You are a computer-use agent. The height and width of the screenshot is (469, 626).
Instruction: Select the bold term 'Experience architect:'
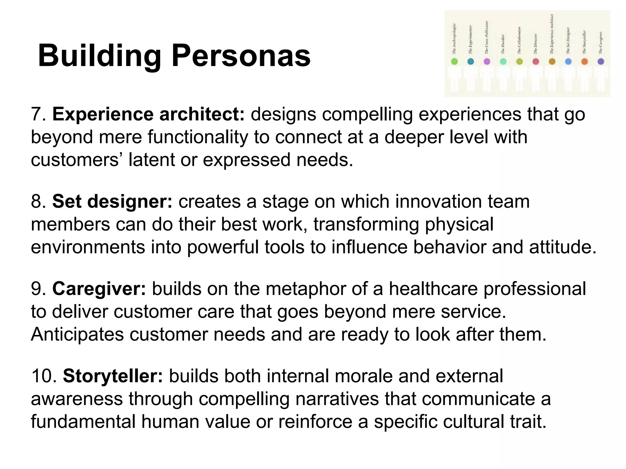click(149, 114)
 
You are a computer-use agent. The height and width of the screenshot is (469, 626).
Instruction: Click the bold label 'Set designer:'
click(112, 202)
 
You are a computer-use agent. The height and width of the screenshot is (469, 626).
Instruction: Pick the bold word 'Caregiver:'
click(99, 289)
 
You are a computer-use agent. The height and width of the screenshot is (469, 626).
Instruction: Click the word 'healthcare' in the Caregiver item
click(433, 289)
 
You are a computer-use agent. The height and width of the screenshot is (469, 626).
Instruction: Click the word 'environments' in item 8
click(88, 247)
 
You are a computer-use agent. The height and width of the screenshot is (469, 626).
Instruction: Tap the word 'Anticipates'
click(77, 334)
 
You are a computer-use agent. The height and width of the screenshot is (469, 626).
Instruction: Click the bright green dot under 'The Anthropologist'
click(455, 62)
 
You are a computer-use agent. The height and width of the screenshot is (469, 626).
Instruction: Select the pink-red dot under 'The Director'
click(536, 62)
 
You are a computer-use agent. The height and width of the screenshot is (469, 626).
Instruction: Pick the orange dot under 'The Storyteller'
click(584, 62)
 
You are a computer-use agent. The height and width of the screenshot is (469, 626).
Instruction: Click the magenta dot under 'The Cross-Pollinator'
click(487, 62)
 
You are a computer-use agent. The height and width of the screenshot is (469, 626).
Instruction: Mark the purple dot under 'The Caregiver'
click(601, 62)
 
